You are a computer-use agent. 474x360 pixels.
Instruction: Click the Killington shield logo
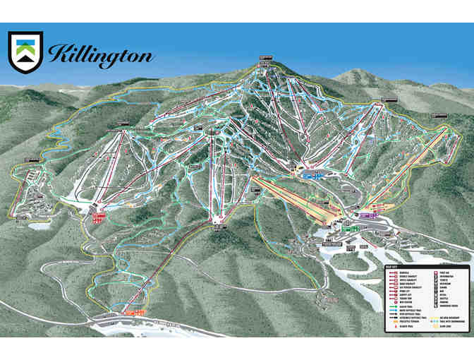(25, 52)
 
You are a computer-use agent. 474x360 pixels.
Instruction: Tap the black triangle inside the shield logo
(25, 61)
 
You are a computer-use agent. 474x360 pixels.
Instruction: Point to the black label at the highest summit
(265, 59)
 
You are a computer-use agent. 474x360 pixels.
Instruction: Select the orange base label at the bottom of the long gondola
(134, 311)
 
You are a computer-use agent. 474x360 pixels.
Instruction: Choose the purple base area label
(366, 215)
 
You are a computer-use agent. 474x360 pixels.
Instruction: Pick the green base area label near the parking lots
(347, 227)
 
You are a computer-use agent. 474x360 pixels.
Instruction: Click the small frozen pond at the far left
(39, 226)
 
